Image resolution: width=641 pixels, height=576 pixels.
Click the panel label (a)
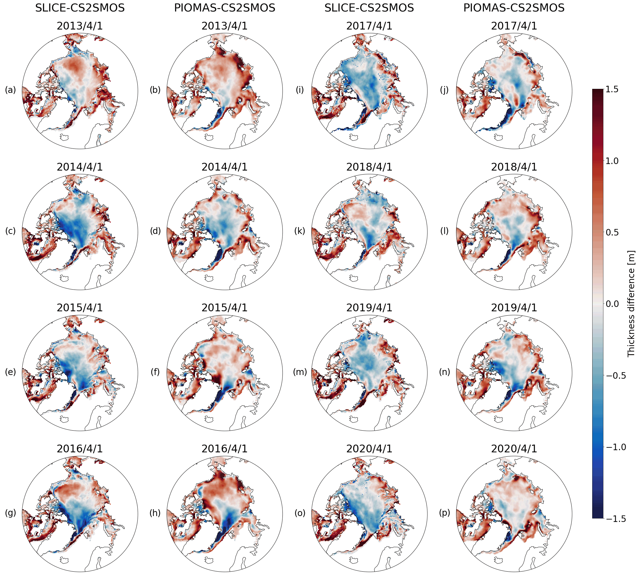(x=10, y=90)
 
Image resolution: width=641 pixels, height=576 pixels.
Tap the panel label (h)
(x=155, y=513)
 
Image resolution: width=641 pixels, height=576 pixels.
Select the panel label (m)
(x=300, y=372)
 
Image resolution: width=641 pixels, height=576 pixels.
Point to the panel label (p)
(x=444, y=513)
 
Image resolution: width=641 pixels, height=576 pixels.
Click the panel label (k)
(x=300, y=231)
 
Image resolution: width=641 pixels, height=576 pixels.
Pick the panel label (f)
(x=155, y=372)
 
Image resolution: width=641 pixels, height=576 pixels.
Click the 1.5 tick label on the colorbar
(x=611, y=89)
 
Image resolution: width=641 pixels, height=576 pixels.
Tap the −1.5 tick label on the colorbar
(x=615, y=519)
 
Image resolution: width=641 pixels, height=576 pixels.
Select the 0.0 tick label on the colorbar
(x=612, y=304)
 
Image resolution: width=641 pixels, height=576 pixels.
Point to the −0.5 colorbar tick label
(x=615, y=376)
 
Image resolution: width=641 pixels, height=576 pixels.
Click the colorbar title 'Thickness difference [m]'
(x=631, y=304)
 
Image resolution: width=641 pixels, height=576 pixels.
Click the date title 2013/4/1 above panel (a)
(x=80, y=26)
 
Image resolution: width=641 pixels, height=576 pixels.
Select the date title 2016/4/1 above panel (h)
(x=224, y=449)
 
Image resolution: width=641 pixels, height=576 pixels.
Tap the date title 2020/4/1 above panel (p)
(x=514, y=449)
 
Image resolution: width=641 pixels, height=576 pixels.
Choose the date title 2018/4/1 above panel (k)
(x=369, y=167)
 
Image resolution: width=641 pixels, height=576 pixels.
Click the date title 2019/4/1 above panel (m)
(x=369, y=308)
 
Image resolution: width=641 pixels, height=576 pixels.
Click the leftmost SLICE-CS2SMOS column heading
(x=80, y=8)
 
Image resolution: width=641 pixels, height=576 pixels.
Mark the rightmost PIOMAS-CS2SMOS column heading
(x=514, y=8)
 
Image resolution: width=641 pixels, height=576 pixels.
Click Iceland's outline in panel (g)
(x=65, y=560)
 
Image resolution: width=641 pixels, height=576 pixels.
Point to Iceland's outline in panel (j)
(x=499, y=137)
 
